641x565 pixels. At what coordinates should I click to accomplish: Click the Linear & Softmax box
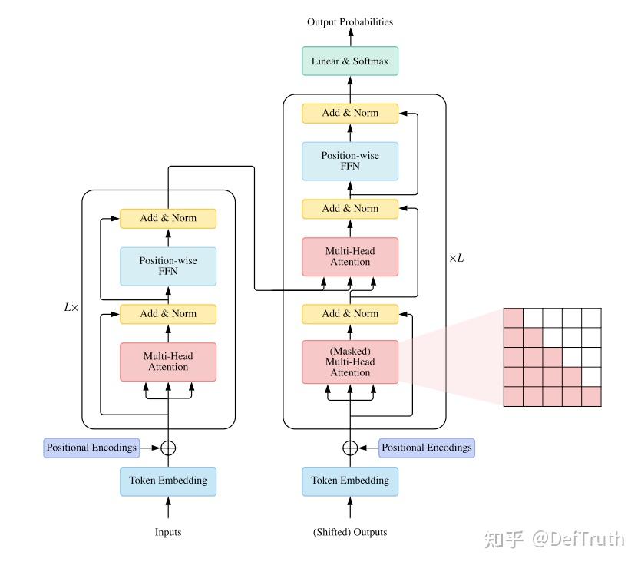350,61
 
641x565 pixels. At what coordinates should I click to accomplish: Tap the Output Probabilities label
350,22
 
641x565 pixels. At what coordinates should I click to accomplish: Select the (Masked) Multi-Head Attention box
350,362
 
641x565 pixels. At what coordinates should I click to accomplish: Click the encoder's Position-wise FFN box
168,266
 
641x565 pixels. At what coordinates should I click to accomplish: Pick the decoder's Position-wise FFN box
350,161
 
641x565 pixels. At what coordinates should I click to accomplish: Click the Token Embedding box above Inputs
168,481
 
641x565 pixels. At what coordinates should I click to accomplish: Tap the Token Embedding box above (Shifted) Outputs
350,481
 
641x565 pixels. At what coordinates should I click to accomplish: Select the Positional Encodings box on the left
91,448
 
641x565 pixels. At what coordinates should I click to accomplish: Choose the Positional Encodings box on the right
427,448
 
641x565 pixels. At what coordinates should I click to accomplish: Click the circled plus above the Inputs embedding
168,448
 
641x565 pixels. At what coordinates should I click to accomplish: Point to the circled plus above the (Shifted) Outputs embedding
350,448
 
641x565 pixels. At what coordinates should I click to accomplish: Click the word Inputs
168,532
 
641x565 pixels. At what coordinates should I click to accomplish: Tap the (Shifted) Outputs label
350,532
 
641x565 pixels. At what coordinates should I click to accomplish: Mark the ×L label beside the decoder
456,259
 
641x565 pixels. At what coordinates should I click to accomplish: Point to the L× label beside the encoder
71,307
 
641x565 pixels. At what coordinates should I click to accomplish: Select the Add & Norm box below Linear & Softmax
350,113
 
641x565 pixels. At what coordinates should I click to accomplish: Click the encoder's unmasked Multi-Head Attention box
168,362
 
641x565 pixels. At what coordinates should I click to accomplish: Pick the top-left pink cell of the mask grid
513,317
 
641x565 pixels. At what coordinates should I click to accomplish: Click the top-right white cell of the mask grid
591,317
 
